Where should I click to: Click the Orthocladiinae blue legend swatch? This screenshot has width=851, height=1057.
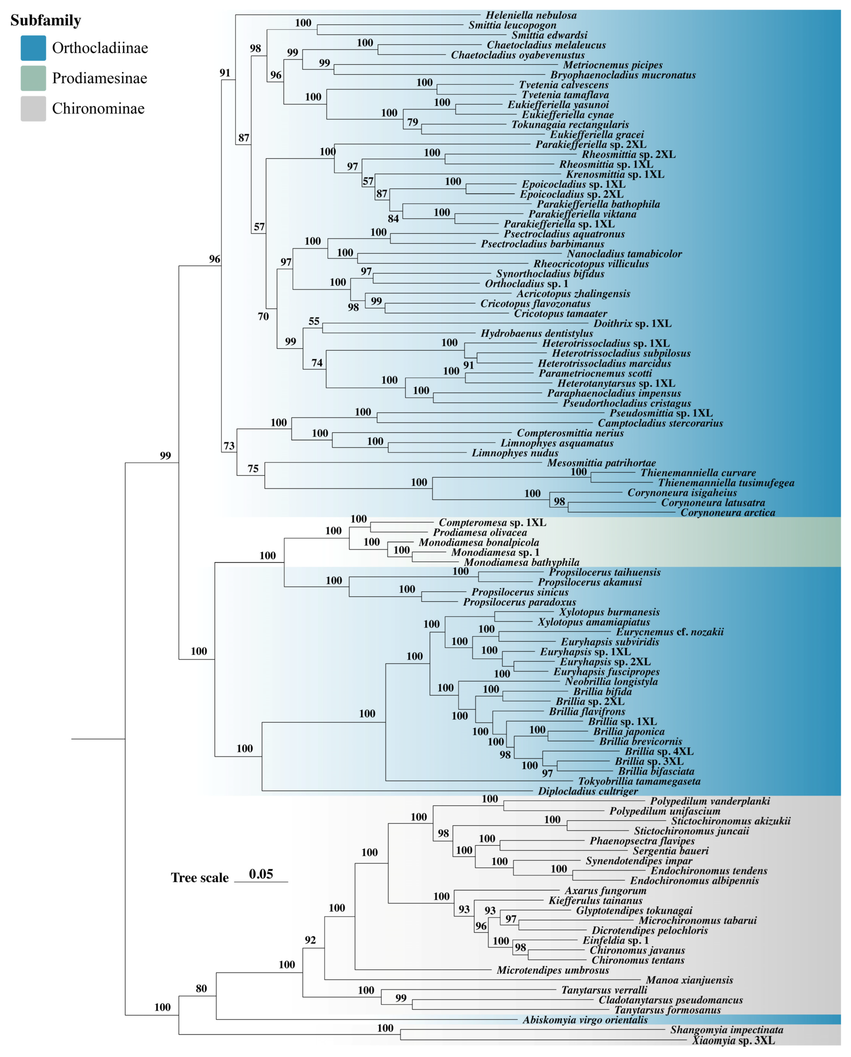33,48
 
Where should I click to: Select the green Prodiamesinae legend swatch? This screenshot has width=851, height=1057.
33,78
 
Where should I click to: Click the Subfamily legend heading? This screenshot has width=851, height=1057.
46,21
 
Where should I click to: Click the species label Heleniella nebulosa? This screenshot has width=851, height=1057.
531,15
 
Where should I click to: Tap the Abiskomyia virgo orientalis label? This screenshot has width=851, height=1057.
585,1020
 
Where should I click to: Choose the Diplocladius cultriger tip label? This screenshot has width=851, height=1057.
588,791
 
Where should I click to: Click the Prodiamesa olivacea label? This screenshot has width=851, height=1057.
480,533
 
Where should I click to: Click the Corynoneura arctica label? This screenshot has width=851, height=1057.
728,513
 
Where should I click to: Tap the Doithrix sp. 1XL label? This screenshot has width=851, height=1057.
632,324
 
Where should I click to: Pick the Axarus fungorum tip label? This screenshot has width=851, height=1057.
605,891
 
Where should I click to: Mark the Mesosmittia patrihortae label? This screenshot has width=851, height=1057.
602,463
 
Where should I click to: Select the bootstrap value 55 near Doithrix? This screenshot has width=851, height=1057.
314,321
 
